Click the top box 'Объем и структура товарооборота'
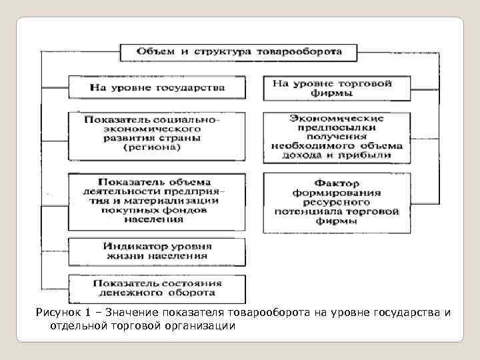239,52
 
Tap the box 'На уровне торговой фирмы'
332,89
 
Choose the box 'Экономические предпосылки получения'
332,136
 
